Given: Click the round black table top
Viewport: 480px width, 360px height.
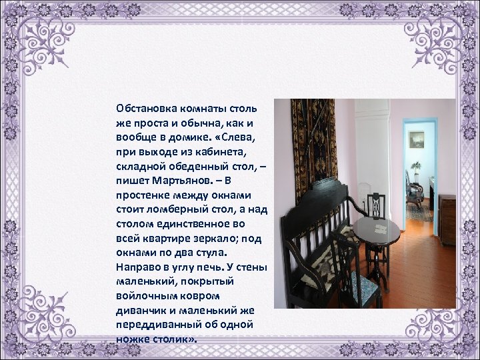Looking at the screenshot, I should coord(376,229).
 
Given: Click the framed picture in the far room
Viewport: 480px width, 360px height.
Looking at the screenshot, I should coord(416,140).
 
